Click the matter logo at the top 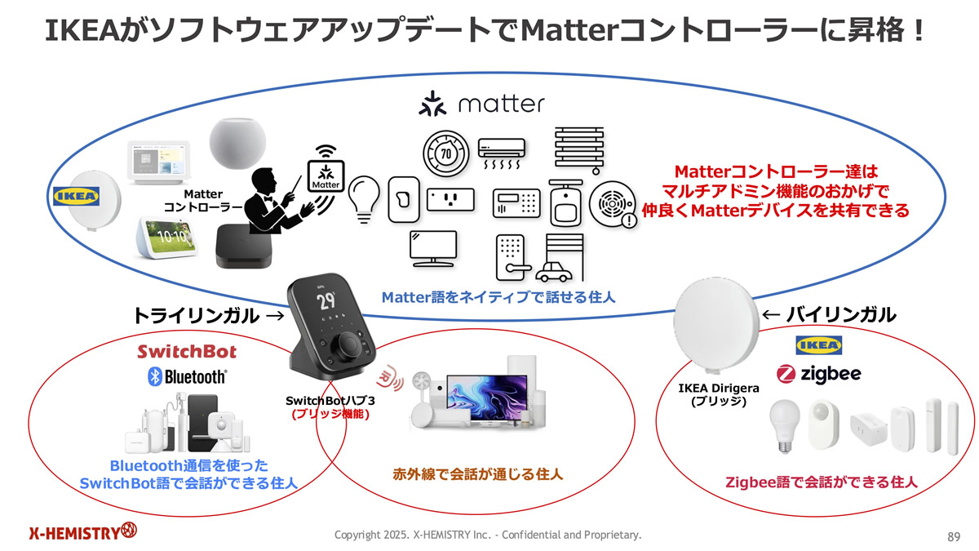pos(481,105)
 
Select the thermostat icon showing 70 pos(445,153)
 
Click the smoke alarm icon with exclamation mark pos(612,204)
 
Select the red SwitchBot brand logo pos(187,352)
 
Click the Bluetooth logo pos(186,376)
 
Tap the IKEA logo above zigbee pos(817,345)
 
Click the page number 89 pos(953,536)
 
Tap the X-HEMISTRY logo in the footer pos(82,533)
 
